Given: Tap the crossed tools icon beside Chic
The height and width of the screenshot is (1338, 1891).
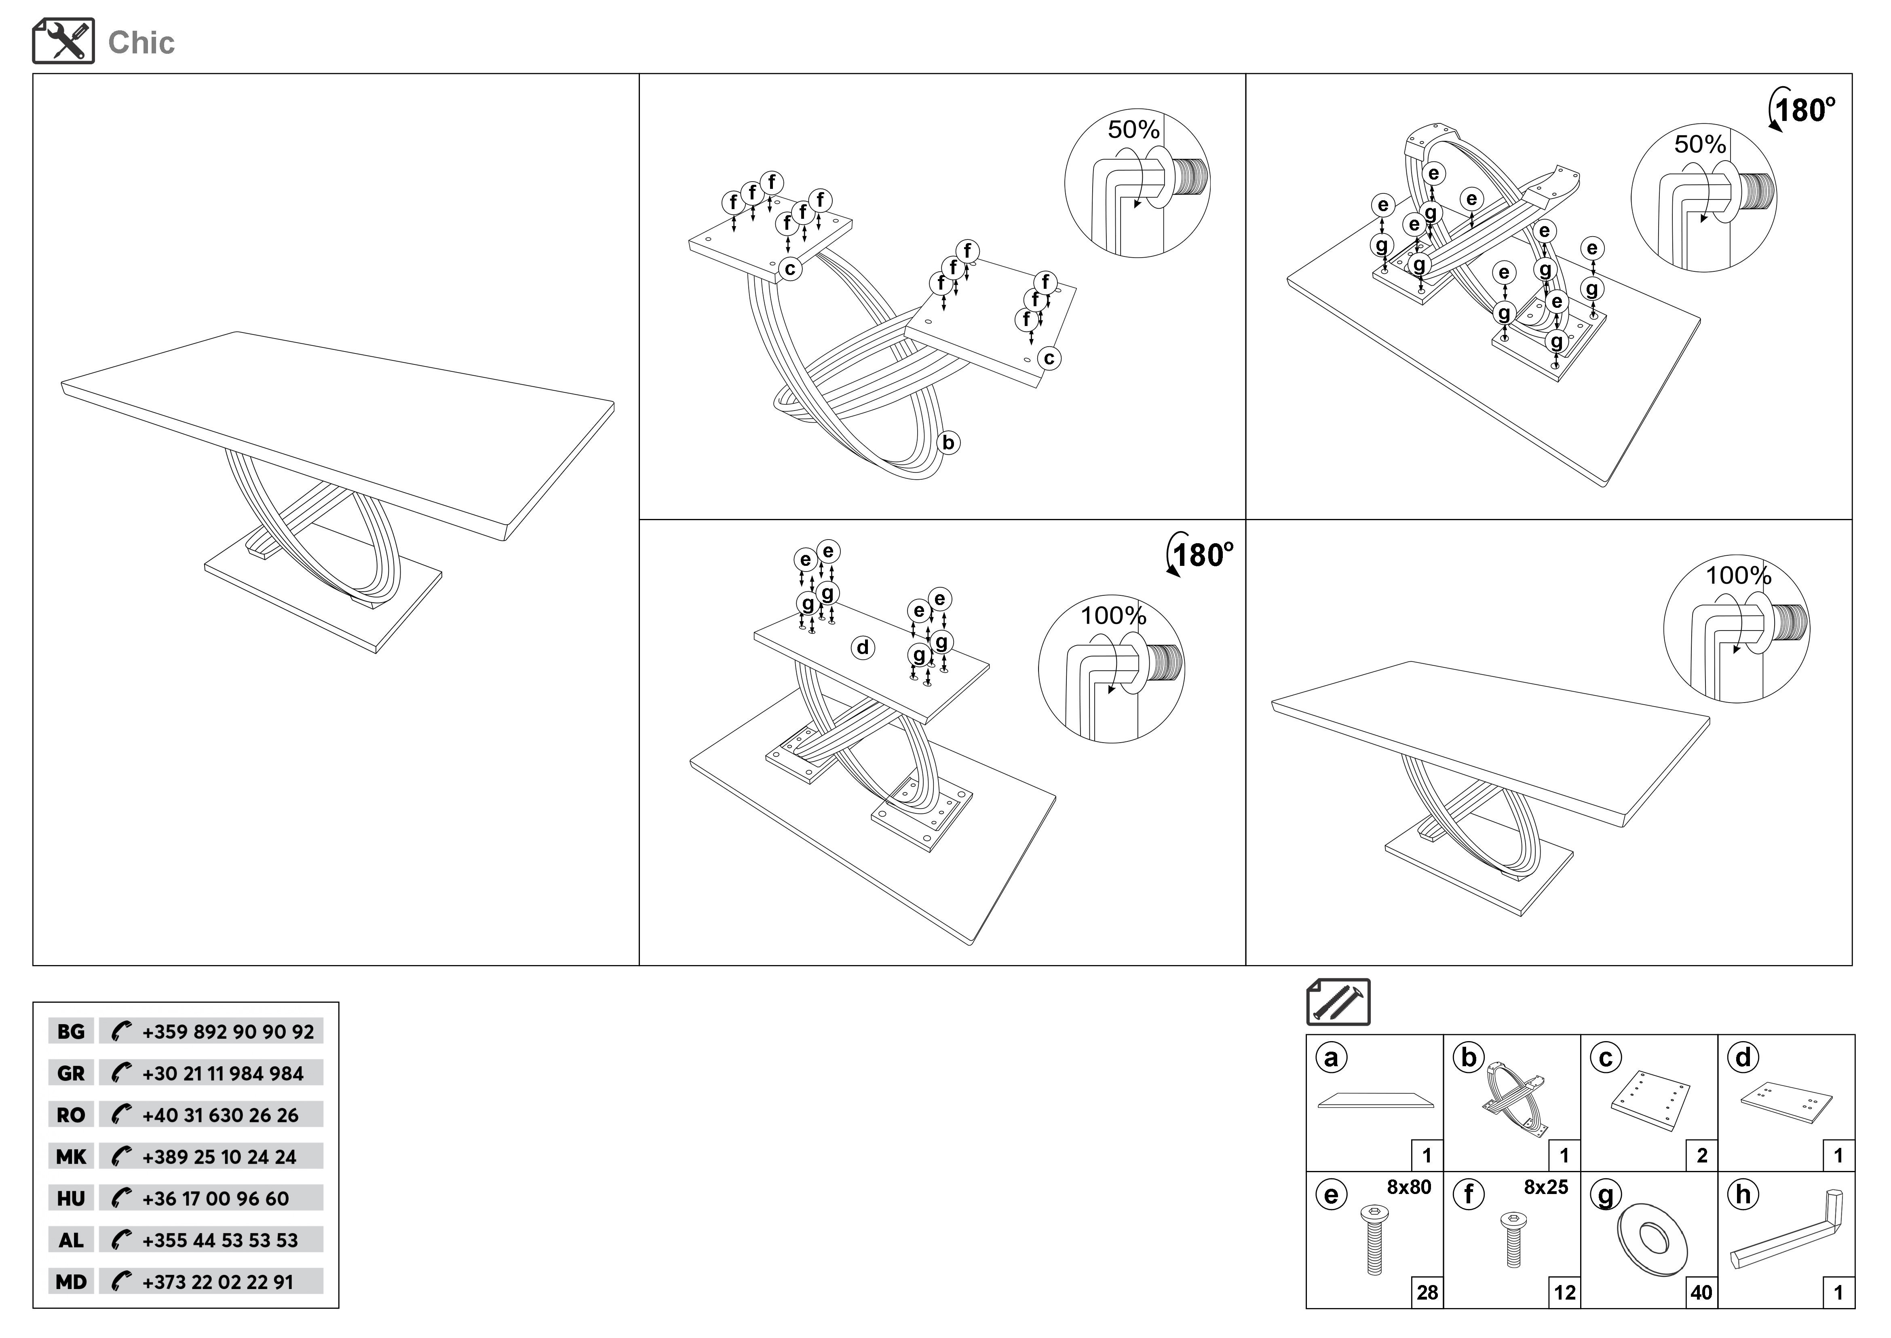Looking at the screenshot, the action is pos(63,41).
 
